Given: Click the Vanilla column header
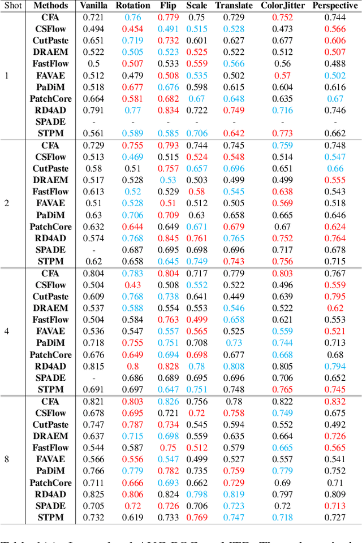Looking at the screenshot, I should coord(94,6).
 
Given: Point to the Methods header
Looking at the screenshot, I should coord(50,6).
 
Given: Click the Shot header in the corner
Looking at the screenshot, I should coord(12,6).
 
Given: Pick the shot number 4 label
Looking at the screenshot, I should coord(7,331).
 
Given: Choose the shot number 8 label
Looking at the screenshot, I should coord(7,459).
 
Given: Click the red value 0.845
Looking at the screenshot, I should coord(168,238).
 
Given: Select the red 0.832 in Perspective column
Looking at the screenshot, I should coord(335,401).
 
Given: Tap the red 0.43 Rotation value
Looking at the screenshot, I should coord(133,285).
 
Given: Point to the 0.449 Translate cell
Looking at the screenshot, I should coord(234,297).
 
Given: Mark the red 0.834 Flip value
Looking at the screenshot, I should coord(168,110).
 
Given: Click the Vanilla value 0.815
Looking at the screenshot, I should coord(94,366).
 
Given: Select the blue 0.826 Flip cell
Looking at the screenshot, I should coord(168,401).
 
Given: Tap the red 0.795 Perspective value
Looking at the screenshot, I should coord(335,297).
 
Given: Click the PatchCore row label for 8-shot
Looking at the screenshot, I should coord(50,483).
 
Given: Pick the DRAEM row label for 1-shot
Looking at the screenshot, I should coord(50,52).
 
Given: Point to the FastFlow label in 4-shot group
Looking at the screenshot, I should coord(50,320).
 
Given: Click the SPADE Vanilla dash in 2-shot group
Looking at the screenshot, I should coord(94,250).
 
